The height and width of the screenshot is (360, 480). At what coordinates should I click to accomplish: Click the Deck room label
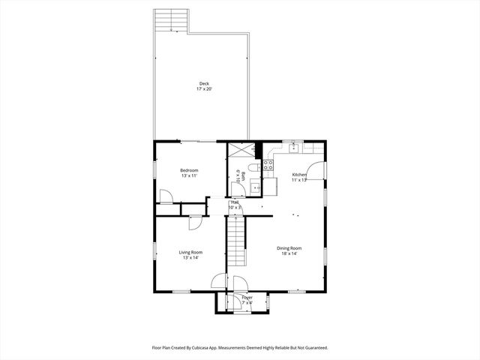pos(204,83)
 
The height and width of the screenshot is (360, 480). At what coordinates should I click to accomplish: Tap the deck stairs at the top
pos(169,20)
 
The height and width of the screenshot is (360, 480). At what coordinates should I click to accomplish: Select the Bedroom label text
pos(189,170)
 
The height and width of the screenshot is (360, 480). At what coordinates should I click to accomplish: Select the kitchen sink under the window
pos(292,148)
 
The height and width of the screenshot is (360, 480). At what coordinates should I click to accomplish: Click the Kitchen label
pos(299,174)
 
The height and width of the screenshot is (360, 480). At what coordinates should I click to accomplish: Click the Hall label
pos(235,202)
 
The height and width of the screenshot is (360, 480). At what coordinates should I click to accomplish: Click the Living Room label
pos(190,252)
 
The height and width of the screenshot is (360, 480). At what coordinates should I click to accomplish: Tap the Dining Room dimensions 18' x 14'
pos(289,253)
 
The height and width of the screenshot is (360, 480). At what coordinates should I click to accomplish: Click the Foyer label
pos(247,298)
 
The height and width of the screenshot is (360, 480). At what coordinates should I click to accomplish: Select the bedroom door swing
pos(166,196)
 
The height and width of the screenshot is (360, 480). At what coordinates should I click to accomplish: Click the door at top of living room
pos(194,223)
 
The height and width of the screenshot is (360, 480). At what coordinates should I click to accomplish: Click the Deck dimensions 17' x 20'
pos(204,89)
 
